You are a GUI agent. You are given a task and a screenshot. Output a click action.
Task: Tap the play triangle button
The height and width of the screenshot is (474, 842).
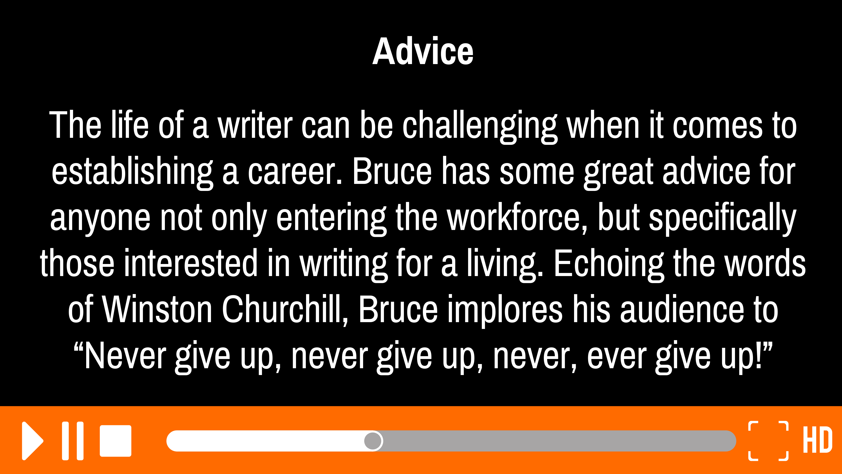click(x=32, y=441)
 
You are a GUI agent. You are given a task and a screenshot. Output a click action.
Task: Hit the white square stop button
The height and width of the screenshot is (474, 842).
click(x=115, y=441)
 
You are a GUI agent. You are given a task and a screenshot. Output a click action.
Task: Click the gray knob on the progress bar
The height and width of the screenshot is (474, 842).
click(x=373, y=441)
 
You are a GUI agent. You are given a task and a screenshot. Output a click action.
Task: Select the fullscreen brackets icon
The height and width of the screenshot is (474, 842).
click(x=768, y=441)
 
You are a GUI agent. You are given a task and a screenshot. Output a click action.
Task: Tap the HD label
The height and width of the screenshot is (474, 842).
click(x=817, y=440)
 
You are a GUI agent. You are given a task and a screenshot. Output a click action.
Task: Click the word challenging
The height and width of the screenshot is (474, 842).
click(x=480, y=126)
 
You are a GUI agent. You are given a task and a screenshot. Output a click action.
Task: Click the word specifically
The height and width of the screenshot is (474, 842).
click(x=722, y=218)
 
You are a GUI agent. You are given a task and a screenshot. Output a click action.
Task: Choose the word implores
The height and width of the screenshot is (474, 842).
click(x=505, y=310)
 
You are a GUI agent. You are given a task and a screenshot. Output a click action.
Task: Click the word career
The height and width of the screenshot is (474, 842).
click(x=295, y=173)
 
